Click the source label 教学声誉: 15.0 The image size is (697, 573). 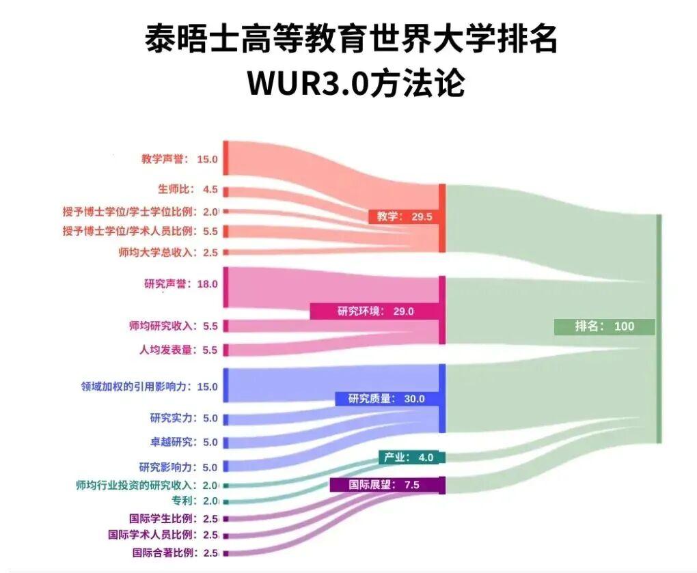click(x=179, y=159)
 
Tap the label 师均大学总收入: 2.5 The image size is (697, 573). click(x=167, y=252)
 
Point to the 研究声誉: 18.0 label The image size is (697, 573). click(x=180, y=284)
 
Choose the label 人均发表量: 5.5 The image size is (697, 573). click(x=178, y=350)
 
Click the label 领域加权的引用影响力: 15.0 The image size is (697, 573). click(x=149, y=387)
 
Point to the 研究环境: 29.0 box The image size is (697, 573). click(x=375, y=311)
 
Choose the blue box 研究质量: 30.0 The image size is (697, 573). click(x=386, y=399)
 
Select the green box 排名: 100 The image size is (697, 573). click(x=604, y=326)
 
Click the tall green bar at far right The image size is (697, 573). click(x=658, y=328)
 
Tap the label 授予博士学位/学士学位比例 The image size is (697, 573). click(x=140, y=212)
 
